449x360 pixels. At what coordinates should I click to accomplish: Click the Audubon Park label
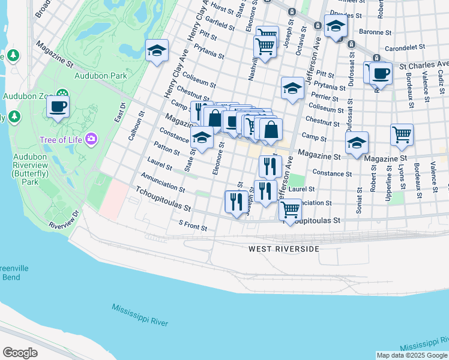[x=101, y=76]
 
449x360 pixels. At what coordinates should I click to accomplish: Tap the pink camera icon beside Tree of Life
[x=91, y=140]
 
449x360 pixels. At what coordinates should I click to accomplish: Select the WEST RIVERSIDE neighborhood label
[x=284, y=248]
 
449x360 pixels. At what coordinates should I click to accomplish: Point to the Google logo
[x=20, y=353]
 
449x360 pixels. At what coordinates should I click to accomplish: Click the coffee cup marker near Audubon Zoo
[x=58, y=107]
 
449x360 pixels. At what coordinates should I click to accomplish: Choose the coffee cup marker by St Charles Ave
[x=381, y=74]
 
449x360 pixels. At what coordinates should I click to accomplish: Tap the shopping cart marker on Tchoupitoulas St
[x=291, y=210]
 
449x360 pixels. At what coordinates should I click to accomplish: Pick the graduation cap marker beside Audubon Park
[x=157, y=51]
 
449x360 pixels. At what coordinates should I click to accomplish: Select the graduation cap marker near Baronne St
[x=336, y=26]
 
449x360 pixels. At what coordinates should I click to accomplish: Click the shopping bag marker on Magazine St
[x=271, y=130]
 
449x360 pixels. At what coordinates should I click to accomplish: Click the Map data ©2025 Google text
[x=411, y=355]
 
